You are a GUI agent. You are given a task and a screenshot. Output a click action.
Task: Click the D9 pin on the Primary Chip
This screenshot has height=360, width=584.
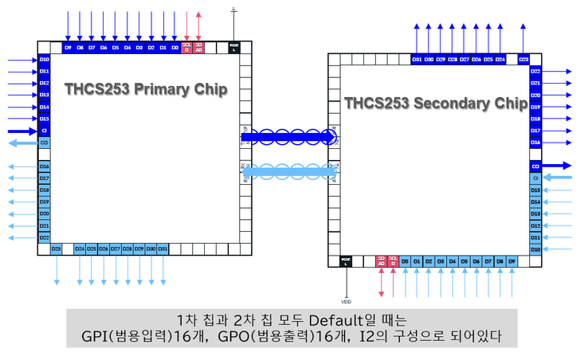tap(68, 48)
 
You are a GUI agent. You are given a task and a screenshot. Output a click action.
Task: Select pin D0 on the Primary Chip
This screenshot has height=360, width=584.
tap(174, 48)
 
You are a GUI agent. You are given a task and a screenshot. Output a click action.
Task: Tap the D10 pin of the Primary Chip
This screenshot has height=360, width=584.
tap(45, 60)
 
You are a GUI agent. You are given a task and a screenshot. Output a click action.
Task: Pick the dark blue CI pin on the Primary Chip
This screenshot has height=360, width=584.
tap(45, 131)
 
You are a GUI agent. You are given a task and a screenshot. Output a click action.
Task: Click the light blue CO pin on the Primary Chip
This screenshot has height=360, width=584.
tap(45, 143)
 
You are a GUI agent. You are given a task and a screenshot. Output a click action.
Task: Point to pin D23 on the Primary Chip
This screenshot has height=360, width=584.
tap(57, 248)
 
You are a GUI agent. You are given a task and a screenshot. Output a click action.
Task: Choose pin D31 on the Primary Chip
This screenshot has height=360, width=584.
tap(163, 248)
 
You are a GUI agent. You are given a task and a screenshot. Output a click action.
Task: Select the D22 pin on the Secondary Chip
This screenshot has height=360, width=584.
tap(535, 71)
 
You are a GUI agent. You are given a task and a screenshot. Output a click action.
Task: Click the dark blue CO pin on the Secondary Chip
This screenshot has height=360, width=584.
tap(535, 166)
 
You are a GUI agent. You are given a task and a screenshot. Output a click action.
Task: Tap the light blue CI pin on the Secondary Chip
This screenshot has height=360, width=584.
tap(535, 178)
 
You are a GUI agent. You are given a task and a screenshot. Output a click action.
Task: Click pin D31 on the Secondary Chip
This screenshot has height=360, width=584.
tap(417, 59)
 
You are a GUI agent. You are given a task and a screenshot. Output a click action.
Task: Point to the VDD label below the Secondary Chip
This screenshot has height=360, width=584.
tap(346, 302)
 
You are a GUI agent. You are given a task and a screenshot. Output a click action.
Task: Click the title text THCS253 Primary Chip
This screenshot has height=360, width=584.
tap(146, 89)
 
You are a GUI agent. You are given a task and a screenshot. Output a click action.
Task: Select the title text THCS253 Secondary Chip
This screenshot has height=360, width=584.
tap(436, 104)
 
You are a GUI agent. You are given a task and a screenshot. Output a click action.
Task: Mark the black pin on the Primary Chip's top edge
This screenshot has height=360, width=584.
tap(233, 48)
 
